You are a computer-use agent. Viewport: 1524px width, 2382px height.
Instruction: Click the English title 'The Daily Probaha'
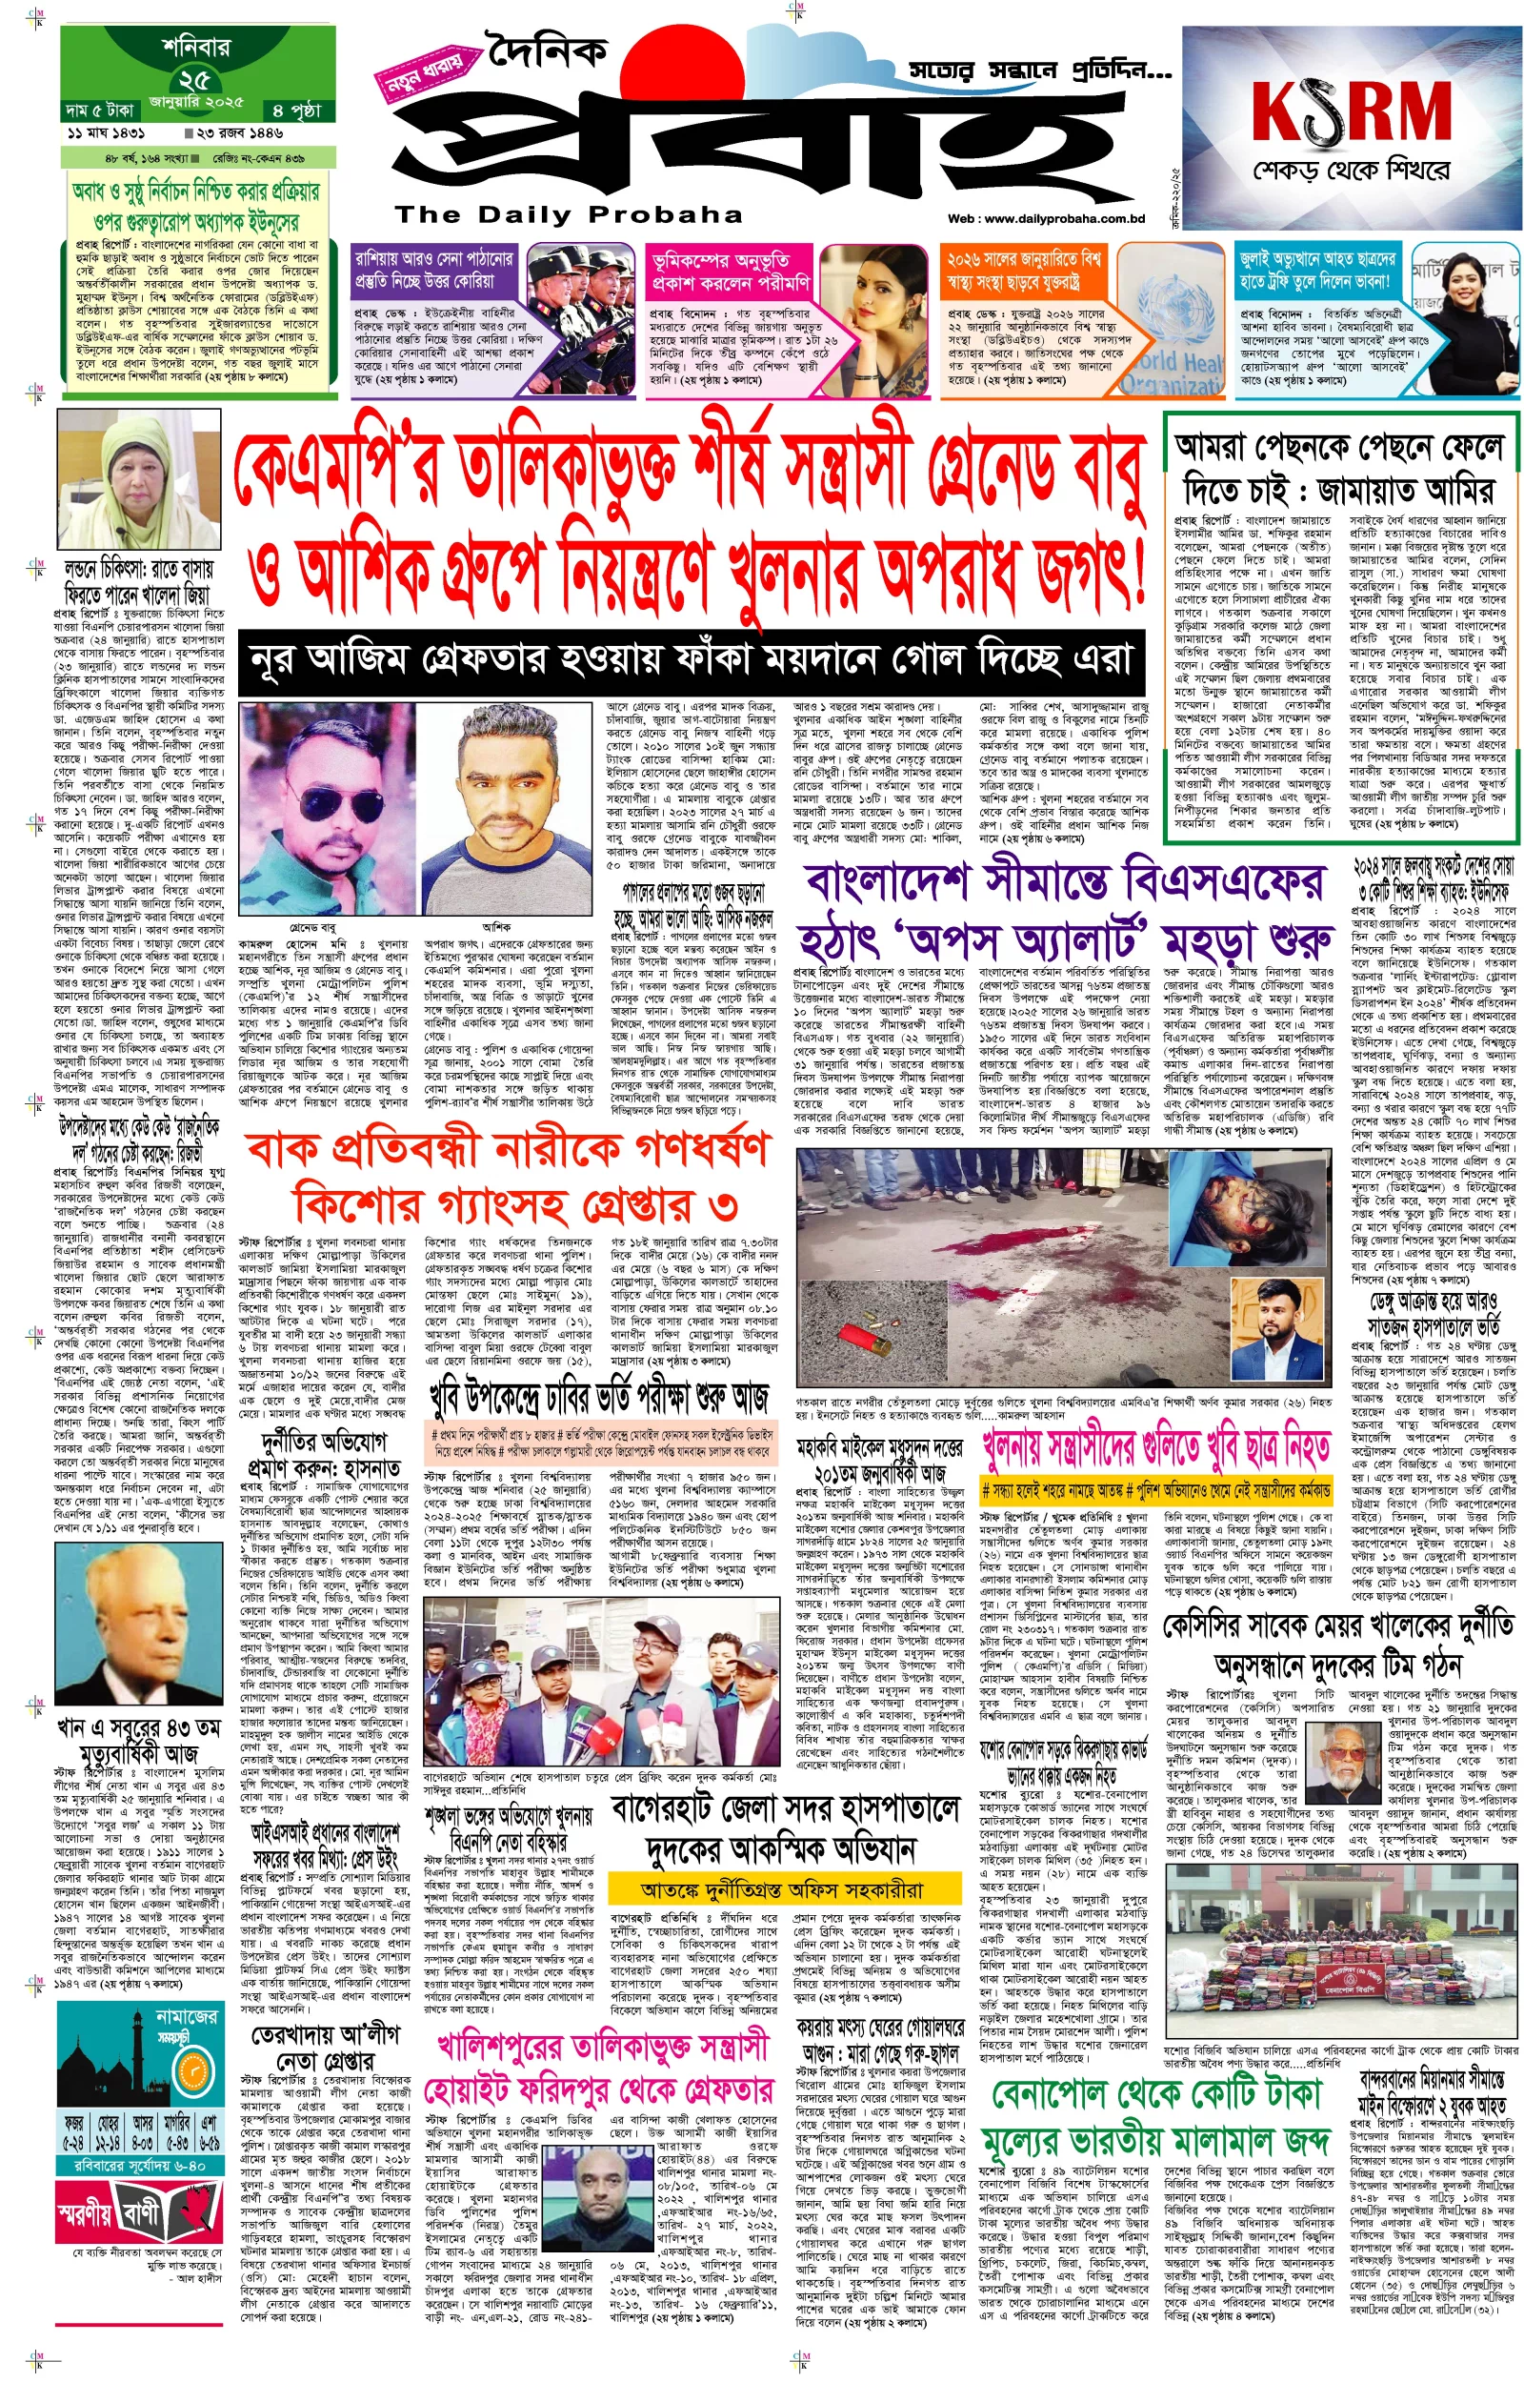pyautogui.click(x=568, y=214)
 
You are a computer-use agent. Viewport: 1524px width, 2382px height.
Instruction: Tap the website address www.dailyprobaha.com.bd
pyautogui.click(x=1045, y=219)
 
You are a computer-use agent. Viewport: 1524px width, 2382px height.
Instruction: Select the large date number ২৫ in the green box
pyautogui.click(x=194, y=79)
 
